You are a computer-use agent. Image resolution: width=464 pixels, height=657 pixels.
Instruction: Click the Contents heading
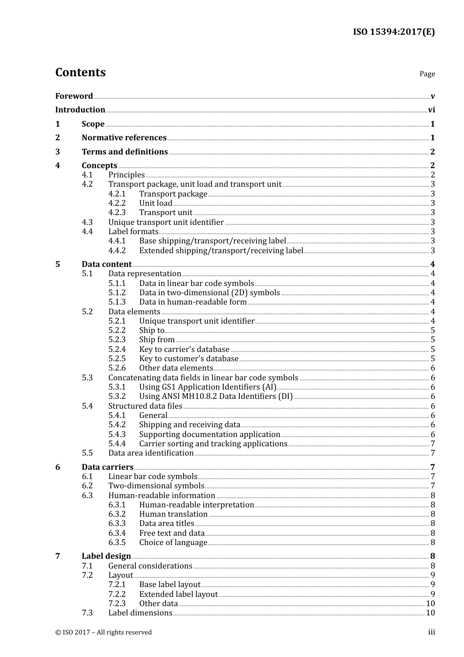pos(80,72)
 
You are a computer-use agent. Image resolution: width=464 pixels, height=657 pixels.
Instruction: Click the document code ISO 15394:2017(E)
pos(394,32)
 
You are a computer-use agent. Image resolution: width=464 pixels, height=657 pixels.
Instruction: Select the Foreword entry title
pos(74,96)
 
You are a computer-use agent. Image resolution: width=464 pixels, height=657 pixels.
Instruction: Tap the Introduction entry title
pos(80,110)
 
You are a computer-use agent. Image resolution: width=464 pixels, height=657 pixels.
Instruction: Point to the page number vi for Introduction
pos(431,110)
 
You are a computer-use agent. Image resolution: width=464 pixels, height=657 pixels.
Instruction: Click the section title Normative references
pos(124,138)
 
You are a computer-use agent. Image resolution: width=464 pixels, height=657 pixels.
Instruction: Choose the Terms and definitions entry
pos(125,152)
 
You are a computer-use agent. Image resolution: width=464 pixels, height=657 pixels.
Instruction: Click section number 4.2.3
pos(117,213)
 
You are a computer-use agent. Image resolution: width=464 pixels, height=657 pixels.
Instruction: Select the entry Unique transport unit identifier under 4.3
pos(166,222)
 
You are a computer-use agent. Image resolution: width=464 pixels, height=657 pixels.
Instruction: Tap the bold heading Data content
pos(106,264)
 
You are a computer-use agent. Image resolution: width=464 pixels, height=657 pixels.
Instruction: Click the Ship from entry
pos(157,340)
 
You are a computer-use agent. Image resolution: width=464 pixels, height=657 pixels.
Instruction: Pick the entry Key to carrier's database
pos(184,350)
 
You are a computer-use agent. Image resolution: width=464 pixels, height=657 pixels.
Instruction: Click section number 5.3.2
pos(117,396)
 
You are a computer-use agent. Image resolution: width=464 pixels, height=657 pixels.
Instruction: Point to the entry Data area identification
pos(151,453)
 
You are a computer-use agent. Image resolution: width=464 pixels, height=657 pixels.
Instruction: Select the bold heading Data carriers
pos(107,467)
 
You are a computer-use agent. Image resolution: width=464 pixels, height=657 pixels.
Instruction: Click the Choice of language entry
pos(173,543)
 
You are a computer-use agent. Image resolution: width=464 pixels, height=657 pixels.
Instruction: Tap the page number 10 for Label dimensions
pos(430,613)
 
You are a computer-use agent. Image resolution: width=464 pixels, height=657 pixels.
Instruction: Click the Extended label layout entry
pos(178,594)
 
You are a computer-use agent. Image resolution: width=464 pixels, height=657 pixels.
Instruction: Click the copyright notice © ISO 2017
pos(104,633)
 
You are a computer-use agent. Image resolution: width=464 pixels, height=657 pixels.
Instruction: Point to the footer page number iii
pos(432,632)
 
